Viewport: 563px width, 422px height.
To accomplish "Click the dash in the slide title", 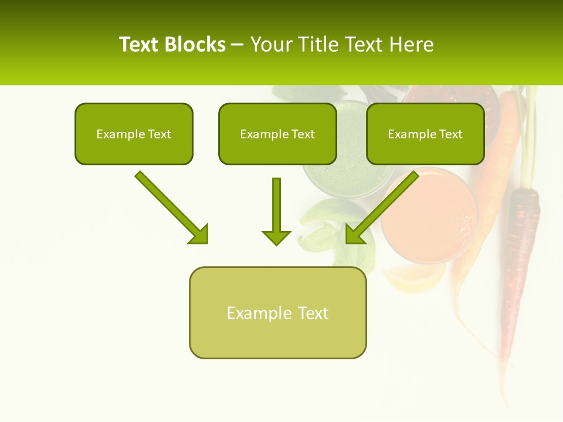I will click(x=238, y=45).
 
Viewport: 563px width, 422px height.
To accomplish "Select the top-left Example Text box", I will click(x=134, y=134).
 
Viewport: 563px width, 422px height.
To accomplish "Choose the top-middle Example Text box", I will click(x=277, y=134).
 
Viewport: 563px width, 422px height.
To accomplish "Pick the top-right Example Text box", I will click(x=425, y=134).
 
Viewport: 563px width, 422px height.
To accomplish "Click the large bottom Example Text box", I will click(x=277, y=312).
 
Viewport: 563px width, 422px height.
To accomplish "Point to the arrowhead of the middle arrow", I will click(x=276, y=237).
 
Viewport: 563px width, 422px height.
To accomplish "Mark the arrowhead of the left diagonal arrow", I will click(x=199, y=234).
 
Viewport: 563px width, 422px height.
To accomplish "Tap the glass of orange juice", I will click(x=428, y=214).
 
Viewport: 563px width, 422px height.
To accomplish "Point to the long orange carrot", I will click(x=493, y=176).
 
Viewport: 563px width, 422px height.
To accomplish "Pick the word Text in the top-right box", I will click(x=450, y=134).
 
